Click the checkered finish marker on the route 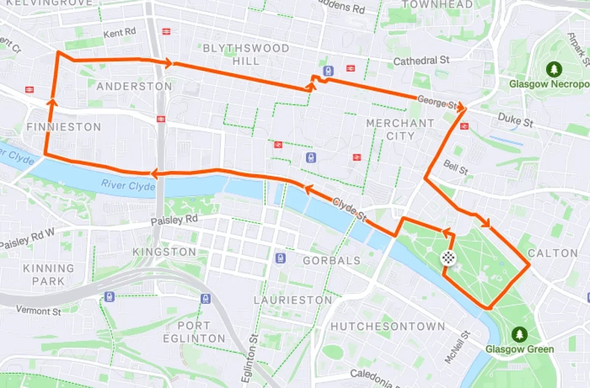coord(448,257)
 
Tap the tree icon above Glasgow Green coord(519,335)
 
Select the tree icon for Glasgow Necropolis coord(555,69)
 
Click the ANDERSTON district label coord(134,86)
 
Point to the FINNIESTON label coord(63,127)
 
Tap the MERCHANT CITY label coord(400,129)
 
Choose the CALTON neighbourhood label coord(553,253)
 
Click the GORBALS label coord(332,260)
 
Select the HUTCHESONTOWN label coord(387,326)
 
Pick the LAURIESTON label coord(293,300)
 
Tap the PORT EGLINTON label coord(194,332)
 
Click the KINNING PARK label coord(48,275)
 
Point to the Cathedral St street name coord(421,61)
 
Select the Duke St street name coord(515,120)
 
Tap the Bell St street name coord(456,167)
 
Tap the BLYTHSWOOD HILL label coord(246,55)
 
